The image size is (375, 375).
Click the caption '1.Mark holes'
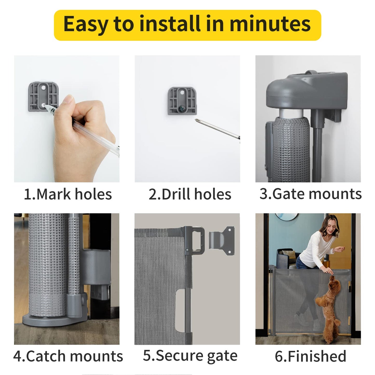click(68, 194)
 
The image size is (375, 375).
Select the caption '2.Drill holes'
click(190, 194)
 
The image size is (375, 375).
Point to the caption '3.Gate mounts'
click(310, 194)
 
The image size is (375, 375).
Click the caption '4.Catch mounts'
click(68, 356)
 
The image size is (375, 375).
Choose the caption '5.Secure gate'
click(190, 356)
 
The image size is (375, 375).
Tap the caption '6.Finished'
click(310, 356)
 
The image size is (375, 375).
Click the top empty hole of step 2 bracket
click(182, 92)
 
